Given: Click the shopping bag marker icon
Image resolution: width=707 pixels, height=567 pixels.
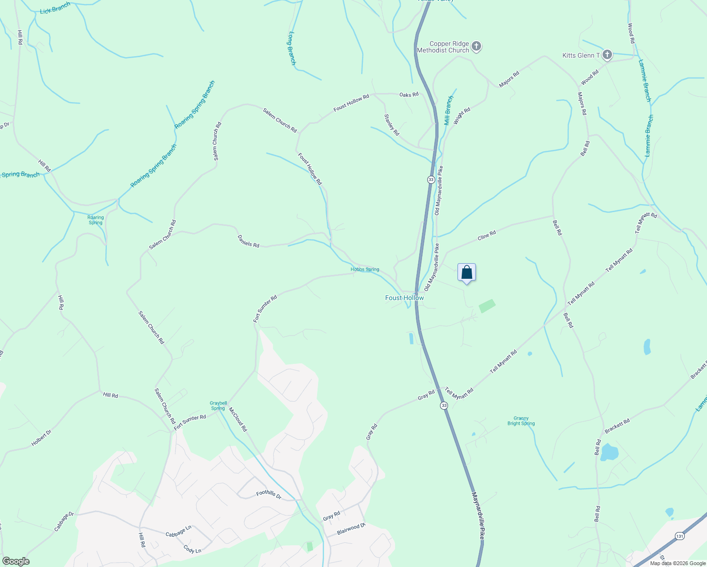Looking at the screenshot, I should click(466, 273).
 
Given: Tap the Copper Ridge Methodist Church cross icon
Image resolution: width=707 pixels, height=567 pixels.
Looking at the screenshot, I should click(476, 47).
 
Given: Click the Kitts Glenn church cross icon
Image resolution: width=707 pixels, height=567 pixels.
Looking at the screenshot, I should click(607, 55).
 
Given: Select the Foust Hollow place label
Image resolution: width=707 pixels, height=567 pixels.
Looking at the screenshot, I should click(405, 298).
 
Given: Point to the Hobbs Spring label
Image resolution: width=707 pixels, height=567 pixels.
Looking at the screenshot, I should click(365, 269).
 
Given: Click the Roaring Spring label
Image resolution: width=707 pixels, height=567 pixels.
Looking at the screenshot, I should click(95, 220).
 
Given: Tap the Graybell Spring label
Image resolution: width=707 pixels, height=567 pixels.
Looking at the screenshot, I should click(218, 406).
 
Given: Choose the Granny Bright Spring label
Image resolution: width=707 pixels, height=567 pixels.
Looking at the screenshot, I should click(521, 421).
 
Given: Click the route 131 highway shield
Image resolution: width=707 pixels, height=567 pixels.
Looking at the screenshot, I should click(679, 536).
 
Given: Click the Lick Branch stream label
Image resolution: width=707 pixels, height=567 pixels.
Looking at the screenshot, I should click(55, 8).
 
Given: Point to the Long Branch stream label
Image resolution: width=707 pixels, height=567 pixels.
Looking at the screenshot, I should click(292, 48).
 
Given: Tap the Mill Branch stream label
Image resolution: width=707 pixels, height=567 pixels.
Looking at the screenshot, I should click(448, 111).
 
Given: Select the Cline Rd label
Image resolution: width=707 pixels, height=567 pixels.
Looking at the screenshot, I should click(487, 235).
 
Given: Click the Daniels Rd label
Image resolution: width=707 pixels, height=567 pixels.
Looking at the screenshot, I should click(248, 242).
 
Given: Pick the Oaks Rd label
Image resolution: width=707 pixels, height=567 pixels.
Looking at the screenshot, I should click(409, 94).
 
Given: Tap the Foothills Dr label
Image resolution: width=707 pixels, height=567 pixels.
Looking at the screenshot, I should click(269, 495).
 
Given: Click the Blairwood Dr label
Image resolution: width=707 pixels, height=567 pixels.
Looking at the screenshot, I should click(351, 529).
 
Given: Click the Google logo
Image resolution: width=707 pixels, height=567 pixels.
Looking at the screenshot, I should click(16, 561).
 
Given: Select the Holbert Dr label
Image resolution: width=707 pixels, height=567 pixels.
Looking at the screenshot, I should click(41, 438).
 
